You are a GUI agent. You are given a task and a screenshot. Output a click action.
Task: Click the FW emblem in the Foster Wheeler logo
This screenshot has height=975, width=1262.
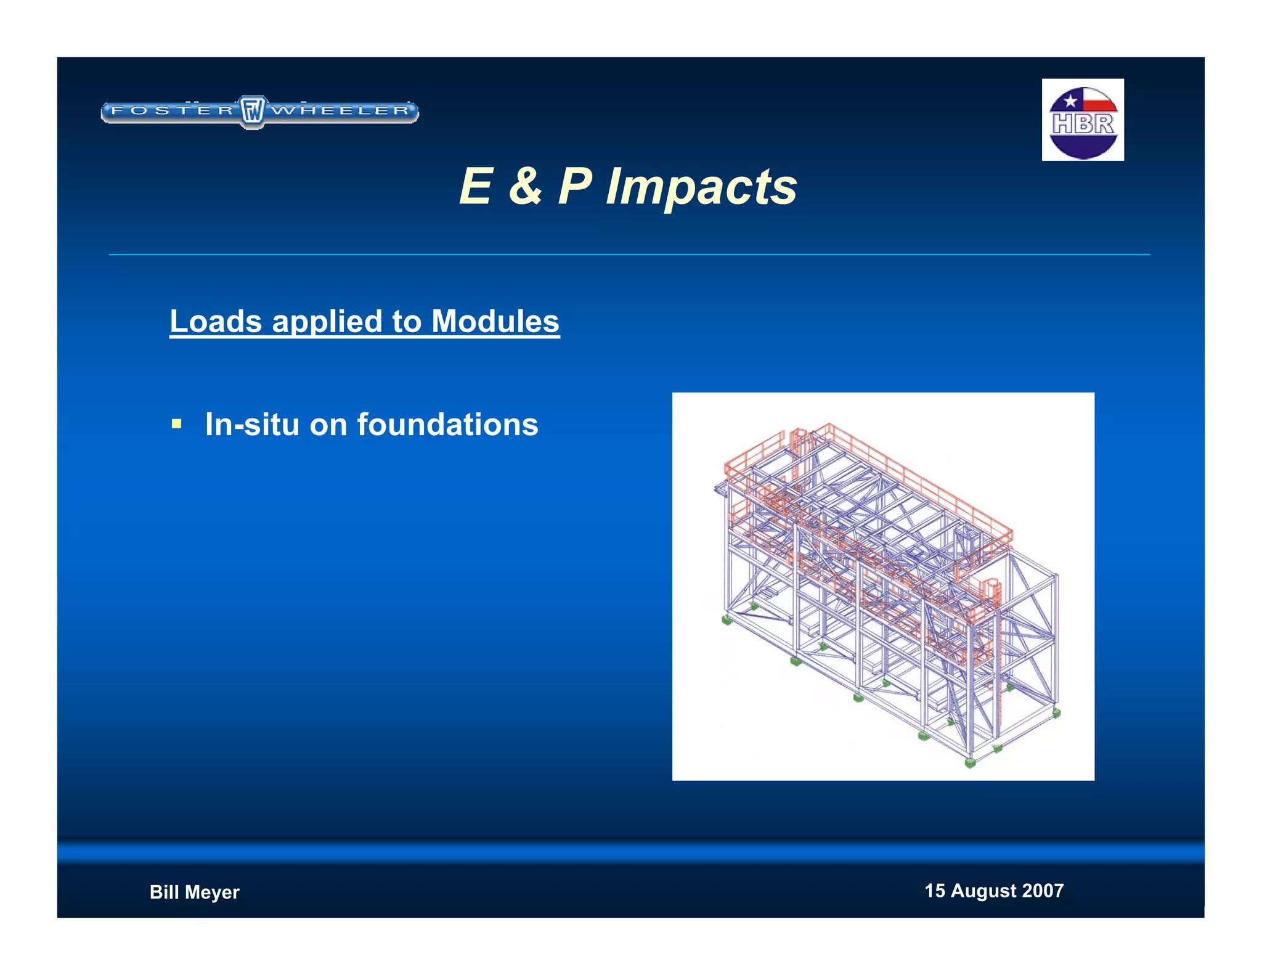tap(252, 112)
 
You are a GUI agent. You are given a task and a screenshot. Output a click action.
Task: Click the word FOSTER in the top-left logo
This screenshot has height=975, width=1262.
tap(173, 111)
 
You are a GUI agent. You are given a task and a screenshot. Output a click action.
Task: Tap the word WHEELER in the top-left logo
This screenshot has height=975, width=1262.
tap(341, 111)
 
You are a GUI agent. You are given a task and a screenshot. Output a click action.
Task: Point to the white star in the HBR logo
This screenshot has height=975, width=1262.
tap(1070, 100)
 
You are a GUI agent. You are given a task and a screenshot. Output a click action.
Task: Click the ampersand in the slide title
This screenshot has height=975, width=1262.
tap(526, 186)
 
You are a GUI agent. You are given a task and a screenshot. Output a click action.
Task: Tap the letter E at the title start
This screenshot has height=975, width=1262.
tap(476, 186)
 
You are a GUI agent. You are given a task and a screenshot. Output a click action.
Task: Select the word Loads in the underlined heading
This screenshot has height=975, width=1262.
tap(216, 321)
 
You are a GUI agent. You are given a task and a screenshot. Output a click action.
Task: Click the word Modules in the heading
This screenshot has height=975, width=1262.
tap(495, 321)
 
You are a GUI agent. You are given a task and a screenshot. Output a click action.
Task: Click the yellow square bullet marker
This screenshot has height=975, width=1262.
tap(177, 424)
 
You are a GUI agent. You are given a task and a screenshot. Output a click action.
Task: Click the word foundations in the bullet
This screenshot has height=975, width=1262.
tap(447, 424)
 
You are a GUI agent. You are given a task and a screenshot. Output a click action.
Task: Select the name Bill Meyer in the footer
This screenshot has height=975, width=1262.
tap(194, 892)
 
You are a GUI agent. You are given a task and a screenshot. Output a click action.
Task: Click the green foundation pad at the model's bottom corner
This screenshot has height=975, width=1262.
tap(970, 763)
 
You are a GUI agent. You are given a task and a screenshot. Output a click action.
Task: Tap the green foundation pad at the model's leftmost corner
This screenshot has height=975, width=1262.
tap(727, 620)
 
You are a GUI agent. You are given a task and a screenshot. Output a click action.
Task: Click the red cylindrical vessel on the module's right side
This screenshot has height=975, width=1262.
tap(991, 589)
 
